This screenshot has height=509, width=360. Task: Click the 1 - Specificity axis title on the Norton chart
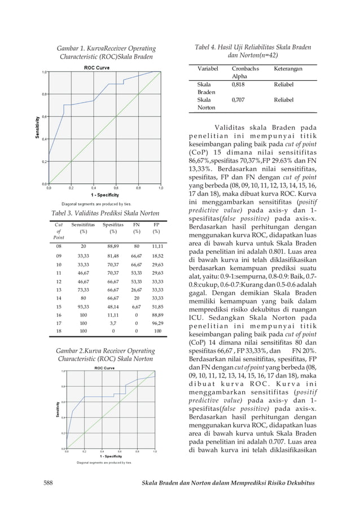(x=108, y=455)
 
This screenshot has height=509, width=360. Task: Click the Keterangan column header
(x=288, y=68)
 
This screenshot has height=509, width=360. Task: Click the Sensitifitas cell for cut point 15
(x=84, y=307)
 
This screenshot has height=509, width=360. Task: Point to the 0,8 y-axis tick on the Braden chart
(x=43, y=94)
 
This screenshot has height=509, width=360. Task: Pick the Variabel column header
(x=208, y=68)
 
